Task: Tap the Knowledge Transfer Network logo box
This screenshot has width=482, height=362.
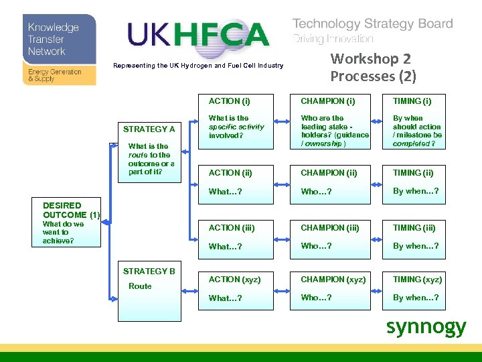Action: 59,50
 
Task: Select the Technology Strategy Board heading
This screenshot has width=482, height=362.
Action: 372,24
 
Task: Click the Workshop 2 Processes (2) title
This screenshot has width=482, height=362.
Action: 373,68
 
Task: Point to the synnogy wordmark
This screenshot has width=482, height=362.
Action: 426,326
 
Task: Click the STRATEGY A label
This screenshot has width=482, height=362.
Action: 149,129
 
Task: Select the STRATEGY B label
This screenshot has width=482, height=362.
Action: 149,271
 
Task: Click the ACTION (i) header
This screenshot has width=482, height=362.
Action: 229,101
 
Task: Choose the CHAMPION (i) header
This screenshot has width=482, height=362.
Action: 327,101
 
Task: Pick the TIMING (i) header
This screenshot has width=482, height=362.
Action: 412,101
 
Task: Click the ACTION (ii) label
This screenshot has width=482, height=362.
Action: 230,173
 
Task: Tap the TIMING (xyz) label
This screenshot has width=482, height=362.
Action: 417,280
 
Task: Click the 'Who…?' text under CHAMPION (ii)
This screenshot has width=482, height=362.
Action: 316,192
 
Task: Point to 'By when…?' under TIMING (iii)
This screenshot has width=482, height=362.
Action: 416,246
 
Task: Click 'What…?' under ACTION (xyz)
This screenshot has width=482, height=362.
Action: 225,298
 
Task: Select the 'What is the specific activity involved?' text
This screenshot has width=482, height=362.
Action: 236,127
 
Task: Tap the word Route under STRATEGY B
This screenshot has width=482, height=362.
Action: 140,286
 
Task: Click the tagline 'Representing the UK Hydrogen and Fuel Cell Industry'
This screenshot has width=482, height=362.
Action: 198,66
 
